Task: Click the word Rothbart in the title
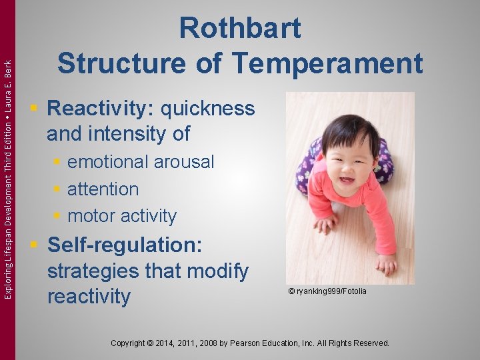tap(240, 29)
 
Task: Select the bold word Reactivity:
tap(101, 108)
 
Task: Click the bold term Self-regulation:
tap(125, 245)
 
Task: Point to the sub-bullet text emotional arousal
tap(141, 162)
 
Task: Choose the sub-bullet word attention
tap(103, 189)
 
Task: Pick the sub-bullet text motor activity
tap(122, 216)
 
